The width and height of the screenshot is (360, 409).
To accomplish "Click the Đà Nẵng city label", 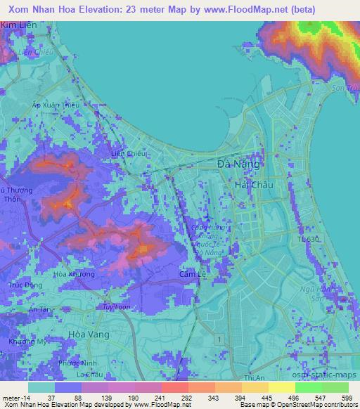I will [238, 164].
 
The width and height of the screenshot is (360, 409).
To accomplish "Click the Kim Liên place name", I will [18, 25].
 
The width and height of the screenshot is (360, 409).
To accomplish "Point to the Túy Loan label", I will [116, 308].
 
